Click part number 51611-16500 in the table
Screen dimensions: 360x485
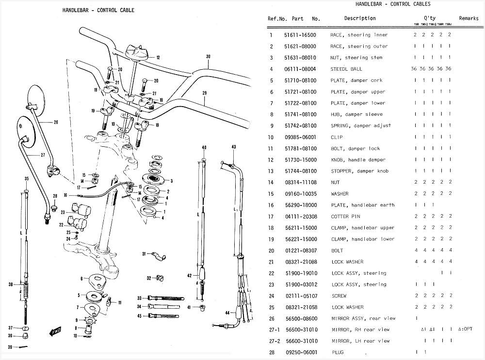300,35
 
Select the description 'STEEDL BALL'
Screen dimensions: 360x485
346,69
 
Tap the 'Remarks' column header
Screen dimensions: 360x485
469,18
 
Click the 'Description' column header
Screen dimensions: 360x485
360,18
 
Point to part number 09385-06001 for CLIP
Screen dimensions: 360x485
300,138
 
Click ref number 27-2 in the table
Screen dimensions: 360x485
275,341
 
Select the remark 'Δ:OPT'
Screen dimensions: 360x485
465,330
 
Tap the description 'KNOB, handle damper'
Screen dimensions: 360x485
358,160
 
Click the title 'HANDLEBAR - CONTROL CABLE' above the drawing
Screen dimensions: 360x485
98,10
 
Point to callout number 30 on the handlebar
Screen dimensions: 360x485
208,57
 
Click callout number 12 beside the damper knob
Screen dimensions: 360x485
158,58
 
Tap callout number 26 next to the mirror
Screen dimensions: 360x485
56,122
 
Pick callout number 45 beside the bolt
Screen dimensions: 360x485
139,316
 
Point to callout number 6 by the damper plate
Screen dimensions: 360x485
82,278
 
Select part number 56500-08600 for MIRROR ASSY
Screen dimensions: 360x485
300,319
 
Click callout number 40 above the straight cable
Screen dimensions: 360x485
204,147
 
